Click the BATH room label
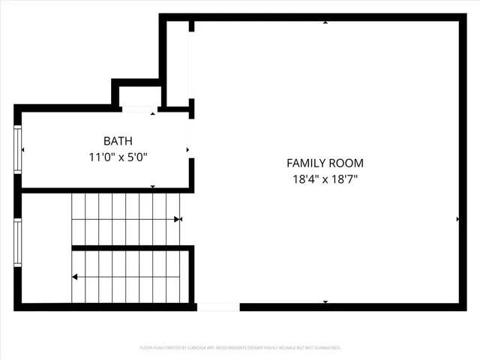click(x=116, y=141)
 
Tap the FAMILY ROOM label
click(x=325, y=163)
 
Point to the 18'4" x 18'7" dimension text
click(x=325, y=180)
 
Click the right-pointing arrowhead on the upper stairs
click(x=178, y=219)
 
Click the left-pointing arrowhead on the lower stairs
click(x=75, y=277)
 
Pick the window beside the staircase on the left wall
click(x=17, y=243)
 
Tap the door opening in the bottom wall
click(x=217, y=307)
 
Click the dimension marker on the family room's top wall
click(x=325, y=22)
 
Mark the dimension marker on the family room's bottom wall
click(x=325, y=301)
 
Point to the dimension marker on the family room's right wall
click(x=457, y=219)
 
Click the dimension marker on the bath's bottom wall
click(x=153, y=187)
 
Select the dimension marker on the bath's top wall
click(x=153, y=114)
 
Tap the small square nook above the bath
click(x=140, y=97)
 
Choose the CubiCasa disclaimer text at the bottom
click(x=240, y=348)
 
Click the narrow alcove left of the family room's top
click(x=177, y=64)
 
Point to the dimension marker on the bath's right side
click(x=187, y=150)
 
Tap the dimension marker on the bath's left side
click(x=23, y=150)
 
